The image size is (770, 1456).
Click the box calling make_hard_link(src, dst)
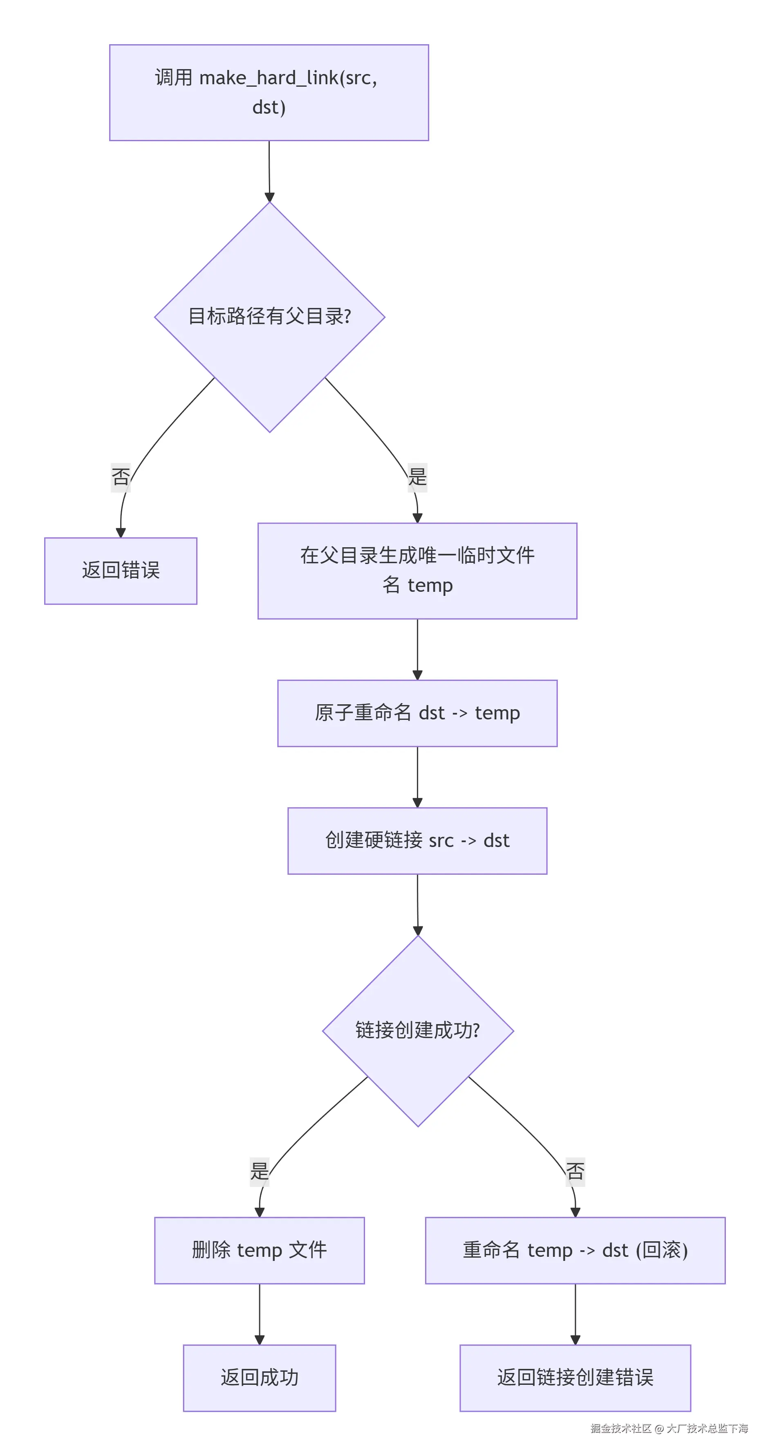point(269,93)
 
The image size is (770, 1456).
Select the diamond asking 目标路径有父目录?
point(269,317)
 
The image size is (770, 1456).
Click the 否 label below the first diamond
point(120,476)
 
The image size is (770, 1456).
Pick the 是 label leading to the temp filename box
point(417,476)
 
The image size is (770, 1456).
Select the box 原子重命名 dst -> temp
point(417,713)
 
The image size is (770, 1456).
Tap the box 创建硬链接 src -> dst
point(417,841)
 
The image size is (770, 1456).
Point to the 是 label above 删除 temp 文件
point(259,1171)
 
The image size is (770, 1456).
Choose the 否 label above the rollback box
point(575,1171)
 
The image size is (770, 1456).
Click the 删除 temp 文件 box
point(259,1250)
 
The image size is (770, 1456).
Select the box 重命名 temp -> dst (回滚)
point(575,1250)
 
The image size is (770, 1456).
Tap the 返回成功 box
point(259,1378)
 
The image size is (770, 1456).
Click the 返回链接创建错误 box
point(575,1378)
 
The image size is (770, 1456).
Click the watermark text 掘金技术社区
point(620,1428)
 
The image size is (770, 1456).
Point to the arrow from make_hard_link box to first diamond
point(269,170)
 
